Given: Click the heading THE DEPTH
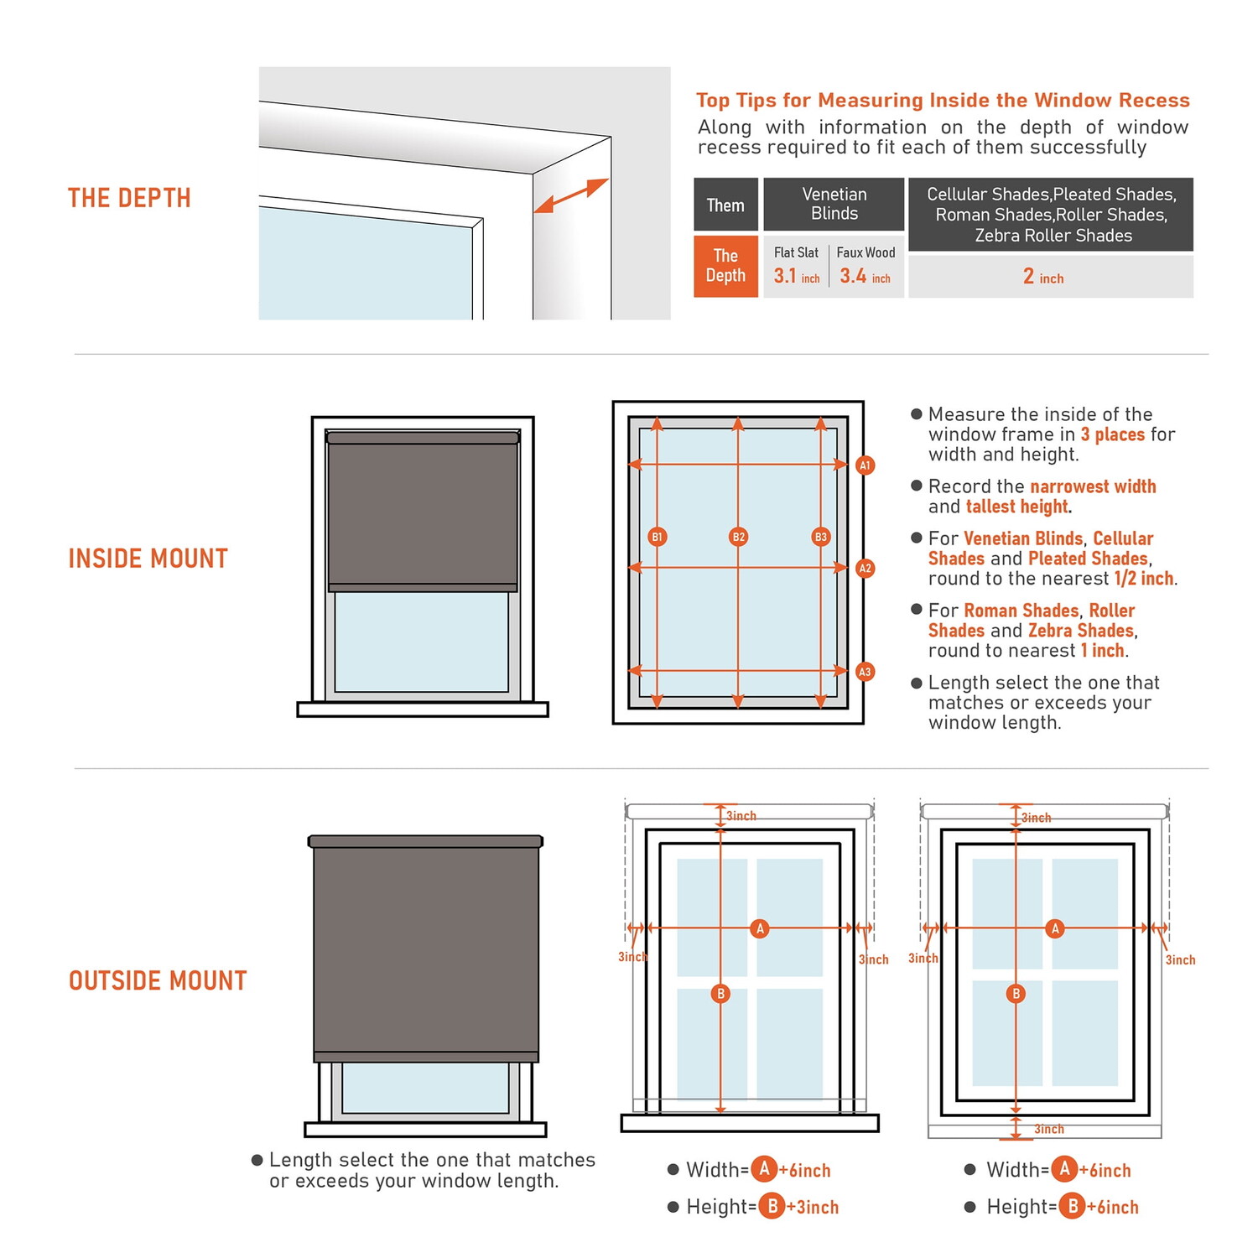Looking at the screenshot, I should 129,198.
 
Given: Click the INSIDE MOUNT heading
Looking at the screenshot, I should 148,559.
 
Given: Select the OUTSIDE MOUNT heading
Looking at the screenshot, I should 158,980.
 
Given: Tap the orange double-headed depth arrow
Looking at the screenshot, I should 571,195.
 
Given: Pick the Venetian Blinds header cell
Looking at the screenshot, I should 834,204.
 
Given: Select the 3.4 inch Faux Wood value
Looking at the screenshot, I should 865,276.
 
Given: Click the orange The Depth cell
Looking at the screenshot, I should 725,266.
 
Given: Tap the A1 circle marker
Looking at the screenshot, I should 866,465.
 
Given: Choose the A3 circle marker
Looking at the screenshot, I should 866,672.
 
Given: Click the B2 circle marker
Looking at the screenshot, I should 738,537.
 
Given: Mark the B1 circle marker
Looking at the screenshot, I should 658,537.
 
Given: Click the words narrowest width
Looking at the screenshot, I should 1093,486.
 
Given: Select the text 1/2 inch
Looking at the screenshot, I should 1144,579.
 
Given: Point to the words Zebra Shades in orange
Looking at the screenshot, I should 1081,631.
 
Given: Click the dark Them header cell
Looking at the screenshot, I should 725,205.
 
